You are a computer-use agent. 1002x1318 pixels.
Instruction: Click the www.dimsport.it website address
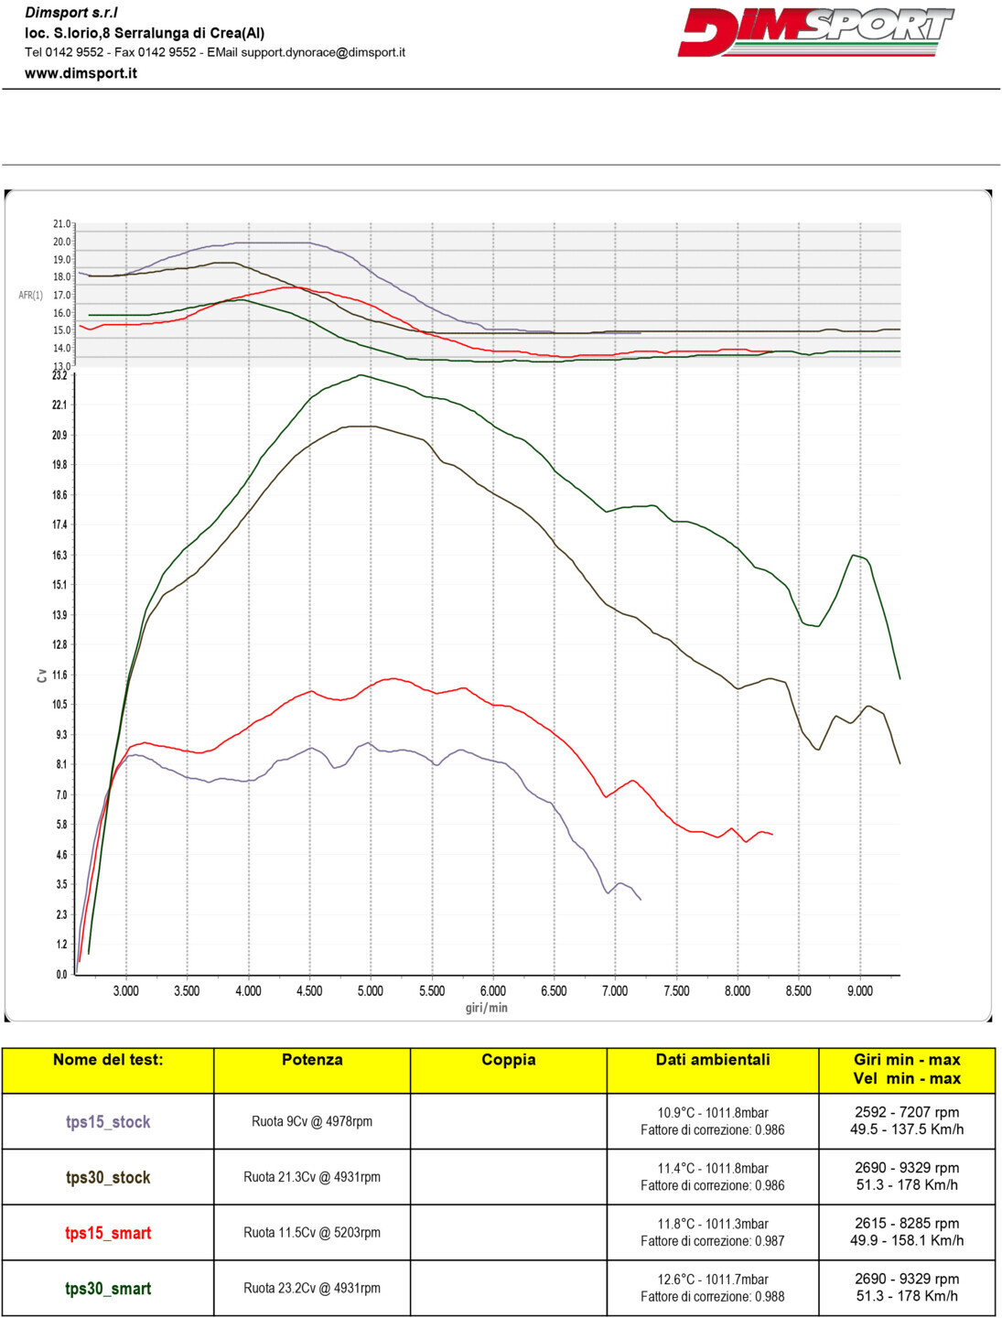[x=81, y=73]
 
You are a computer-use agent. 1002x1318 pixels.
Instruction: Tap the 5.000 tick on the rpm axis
[x=370, y=991]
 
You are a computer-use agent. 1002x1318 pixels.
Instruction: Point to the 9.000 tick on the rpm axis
[x=859, y=991]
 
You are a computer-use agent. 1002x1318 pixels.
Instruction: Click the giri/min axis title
[x=486, y=1008]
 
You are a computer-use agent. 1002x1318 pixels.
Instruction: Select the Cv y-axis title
[x=42, y=675]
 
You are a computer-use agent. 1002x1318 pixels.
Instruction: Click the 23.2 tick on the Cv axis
[x=59, y=375]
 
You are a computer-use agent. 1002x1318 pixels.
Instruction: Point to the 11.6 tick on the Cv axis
[x=59, y=675]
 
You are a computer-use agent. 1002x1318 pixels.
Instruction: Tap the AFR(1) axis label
[x=30, y=296]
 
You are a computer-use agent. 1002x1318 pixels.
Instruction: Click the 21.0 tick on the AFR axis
[x=61, y=224]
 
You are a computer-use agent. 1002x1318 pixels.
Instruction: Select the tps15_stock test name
[x=108, y=1122]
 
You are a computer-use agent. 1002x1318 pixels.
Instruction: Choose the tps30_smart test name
[x=108, y=1289]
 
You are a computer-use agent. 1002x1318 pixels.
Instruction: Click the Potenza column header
[x=312, y=1060]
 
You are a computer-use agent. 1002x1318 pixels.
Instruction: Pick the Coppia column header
[x=508, y=1060]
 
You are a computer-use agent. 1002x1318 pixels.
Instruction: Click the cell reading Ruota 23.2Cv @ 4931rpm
[x=312, y=1289]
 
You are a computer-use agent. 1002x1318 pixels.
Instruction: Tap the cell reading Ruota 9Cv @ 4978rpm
[x=312, y=1122]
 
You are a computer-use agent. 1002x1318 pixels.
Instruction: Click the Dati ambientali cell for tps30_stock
[x=712, y=1177]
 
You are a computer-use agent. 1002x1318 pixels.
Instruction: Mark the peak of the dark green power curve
[x=361, y=374]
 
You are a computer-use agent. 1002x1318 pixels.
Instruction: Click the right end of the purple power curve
[x=641, y=900]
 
